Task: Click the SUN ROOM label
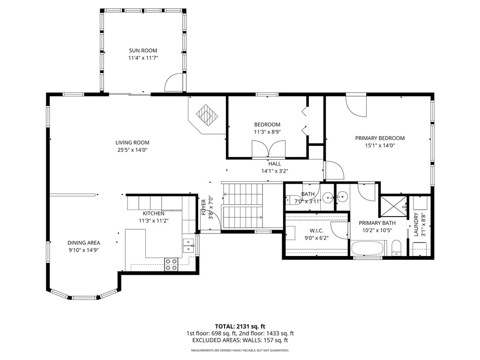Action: point(143,51)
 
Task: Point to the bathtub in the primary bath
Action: point(367,248)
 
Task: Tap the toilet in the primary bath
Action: point(396,247)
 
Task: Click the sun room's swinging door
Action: point(173,83)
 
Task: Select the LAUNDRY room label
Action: point(416,225)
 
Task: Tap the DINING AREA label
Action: point(84,243)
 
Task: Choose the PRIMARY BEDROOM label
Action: point(380,138)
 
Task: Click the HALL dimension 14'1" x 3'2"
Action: point(275,171)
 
